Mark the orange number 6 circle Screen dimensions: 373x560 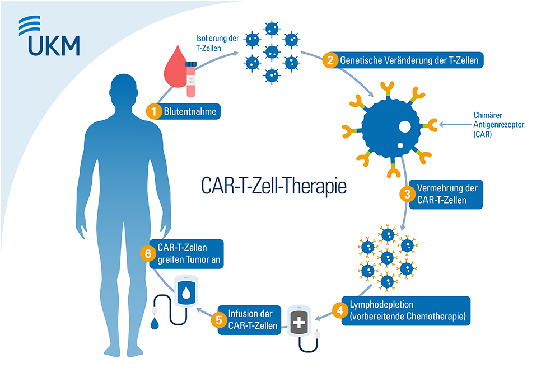148,254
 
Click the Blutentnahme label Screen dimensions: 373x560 189,111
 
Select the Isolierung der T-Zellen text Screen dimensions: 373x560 217,44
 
